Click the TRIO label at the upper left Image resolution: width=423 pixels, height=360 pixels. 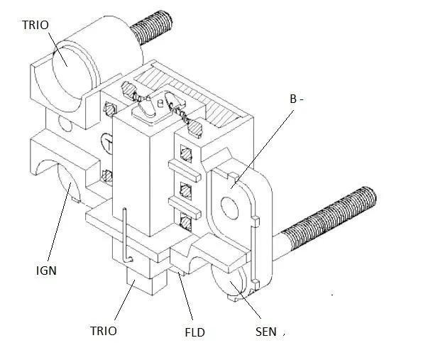[x=35, y=25]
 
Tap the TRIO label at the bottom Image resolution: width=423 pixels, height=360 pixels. [x=104, y=331]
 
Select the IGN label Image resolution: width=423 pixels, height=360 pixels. [x=46, y=271]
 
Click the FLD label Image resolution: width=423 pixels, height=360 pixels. [x=194, y=332]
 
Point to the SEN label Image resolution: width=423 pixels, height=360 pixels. [x=265, y=332]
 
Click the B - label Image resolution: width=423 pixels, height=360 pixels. [x=297, y=99]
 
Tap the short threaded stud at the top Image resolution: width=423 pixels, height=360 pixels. [x=152, y=27]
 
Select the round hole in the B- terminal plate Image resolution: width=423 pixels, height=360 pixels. [x=229, y=208]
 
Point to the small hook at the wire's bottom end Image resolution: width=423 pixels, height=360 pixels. [x=128, y=260]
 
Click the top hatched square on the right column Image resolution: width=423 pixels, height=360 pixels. [x=186, y=153]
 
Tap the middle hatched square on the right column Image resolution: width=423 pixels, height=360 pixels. [x=186, y=191]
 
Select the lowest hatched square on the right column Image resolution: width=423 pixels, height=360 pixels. [x=186, y=222]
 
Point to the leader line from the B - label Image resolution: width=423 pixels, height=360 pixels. [x=262, y=150]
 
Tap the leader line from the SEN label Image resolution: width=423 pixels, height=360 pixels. [x=246, y=300]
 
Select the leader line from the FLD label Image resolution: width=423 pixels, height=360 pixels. [x=185, y=296]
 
